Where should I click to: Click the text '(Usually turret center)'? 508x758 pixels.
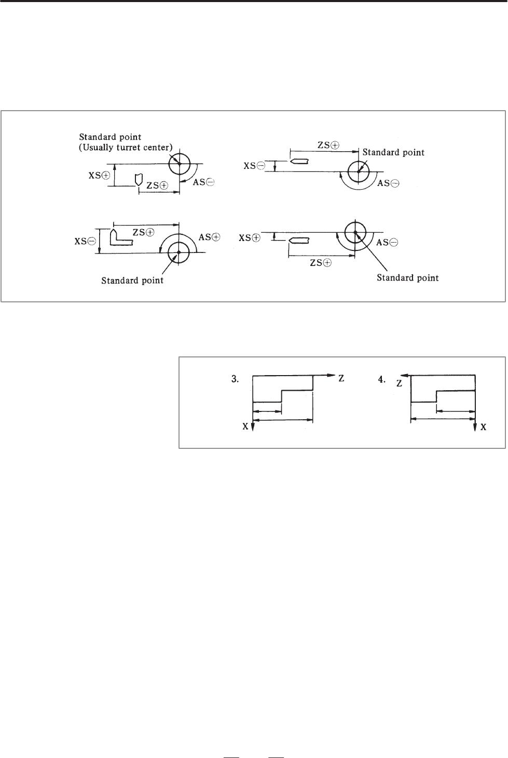[126, 148]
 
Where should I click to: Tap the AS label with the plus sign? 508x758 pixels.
[209, 237]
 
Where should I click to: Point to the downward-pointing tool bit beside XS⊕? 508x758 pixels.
[139, 180]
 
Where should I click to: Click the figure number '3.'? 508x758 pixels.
[235, 379]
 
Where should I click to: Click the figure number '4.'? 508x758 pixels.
[381, 380]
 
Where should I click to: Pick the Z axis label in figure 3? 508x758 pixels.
[341, 378]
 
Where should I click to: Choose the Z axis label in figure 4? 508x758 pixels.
[399, 384]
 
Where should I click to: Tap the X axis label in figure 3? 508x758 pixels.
[245, 427]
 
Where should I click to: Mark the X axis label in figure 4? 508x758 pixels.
[484, 427]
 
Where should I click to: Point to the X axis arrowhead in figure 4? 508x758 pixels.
[475, 427]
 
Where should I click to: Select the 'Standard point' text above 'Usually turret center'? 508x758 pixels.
[110, 137]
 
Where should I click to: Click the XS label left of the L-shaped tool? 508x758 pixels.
[85, 241]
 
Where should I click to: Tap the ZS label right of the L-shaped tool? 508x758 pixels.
[143, 232]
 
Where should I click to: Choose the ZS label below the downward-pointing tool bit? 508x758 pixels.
[158, 185]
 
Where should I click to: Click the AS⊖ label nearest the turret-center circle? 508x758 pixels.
[203, 182]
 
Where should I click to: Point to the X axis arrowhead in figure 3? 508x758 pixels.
[253, 427]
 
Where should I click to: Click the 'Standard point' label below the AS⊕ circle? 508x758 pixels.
[132, 281]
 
